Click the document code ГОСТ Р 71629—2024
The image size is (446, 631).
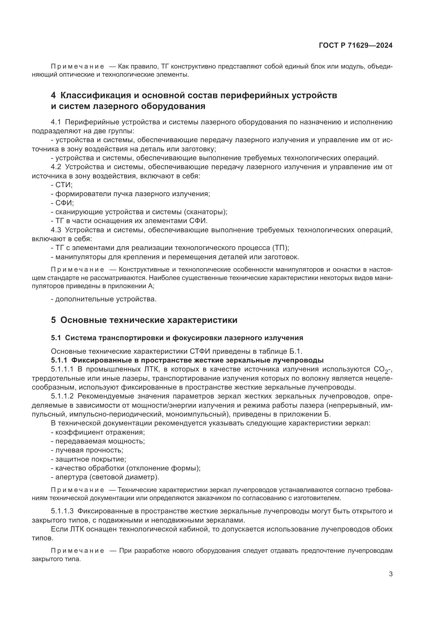[x=356, y=45]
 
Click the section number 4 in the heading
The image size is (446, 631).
[x=53, y=95]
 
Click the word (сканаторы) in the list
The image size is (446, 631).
[x=206, y=212]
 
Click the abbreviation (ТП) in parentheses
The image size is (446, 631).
[x=280, y=248]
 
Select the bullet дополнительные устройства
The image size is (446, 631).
[x=104, y=299]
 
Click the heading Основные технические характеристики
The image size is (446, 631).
[x=149, y=320]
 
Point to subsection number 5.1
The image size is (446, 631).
[x=56, y=338]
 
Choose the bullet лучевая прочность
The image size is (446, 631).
[x=87, y=450]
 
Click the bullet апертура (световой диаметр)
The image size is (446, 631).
[x=105, y=477]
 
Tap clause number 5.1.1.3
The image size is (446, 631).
[x=62, y=511]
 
